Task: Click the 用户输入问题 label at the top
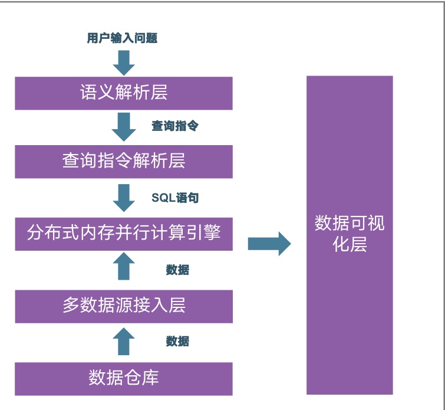coord(122,39)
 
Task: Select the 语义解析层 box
coord(124,93)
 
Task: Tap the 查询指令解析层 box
coord(124,160)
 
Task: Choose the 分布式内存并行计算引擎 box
coord(124,233)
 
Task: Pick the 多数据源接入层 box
coord(124,305)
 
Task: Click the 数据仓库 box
coord(124,378)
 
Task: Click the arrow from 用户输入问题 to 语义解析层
coord(124,63)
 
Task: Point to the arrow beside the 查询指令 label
coord(124,127)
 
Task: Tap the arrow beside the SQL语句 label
coord(124,198)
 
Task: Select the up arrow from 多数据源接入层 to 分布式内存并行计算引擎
coord(124,267)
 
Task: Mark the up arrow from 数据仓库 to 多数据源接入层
coord(124,342)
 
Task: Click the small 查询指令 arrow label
coord(175,126)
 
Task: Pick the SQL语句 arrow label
coord(175,198)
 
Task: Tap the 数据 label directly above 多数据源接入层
coord(177,270)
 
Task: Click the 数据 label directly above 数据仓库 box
coord(177,342)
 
